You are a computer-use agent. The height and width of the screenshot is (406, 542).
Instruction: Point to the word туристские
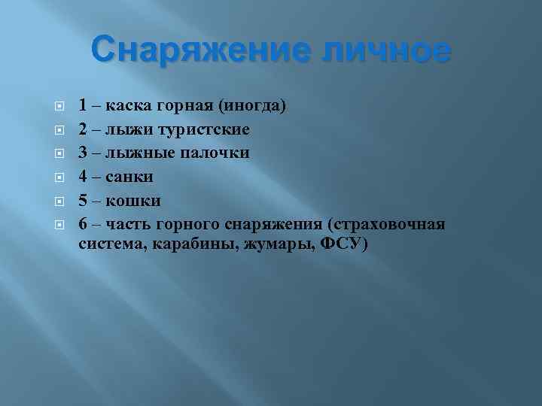tap(204, 129)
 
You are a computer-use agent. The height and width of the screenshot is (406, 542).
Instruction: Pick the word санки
tap(129, 177)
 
